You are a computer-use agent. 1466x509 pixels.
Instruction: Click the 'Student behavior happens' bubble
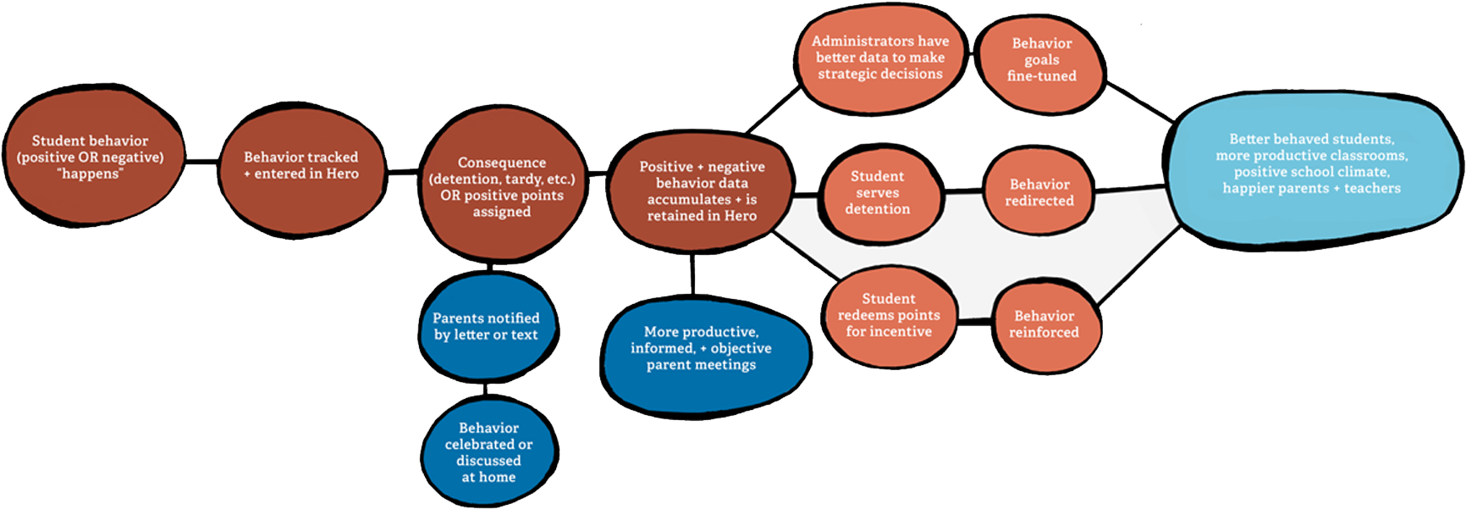(93, 156)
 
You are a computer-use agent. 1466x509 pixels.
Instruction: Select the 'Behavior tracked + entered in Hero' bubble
(301, 165)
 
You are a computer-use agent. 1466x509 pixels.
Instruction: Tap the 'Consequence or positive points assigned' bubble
(502, 185)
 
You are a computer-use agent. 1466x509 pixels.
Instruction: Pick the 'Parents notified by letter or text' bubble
(488, 326)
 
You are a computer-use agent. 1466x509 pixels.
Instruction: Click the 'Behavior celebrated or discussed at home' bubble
(489, 451)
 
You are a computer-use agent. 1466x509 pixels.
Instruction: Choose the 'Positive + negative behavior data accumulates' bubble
(702, 191)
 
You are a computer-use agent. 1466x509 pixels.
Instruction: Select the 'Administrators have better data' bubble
(881, 58)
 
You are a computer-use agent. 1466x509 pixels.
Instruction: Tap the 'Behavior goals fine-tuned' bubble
(1040, 62)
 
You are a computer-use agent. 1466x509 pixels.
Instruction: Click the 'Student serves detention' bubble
(879, 193)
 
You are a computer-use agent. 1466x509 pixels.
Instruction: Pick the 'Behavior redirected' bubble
(1039, 192)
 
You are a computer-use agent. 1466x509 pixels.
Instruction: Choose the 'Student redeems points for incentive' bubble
(890, 316)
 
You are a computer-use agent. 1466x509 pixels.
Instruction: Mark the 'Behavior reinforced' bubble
(1045, 325)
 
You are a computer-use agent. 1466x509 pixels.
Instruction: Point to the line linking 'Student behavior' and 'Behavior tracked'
(201, 161)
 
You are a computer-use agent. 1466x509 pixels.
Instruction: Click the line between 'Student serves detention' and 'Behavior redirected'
(963, 192)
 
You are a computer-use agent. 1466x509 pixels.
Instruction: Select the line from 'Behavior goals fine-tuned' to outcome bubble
(1139, 102)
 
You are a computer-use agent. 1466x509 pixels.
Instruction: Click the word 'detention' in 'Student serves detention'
(878, 209)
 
